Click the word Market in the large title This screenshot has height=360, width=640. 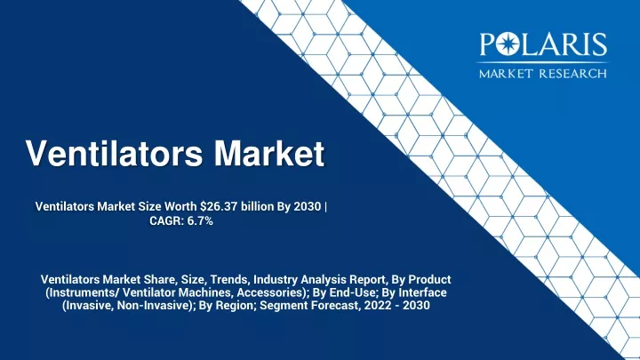click(x=269, y=153)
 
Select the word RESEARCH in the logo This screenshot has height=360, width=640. click(x=572, y=74)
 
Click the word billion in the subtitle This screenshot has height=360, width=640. click(x=257, y=206)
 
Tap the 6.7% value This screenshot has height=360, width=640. click(x=200, y=220)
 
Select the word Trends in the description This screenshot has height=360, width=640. click(x=232, y=280)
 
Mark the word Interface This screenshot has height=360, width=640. click(x=422, y=292)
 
